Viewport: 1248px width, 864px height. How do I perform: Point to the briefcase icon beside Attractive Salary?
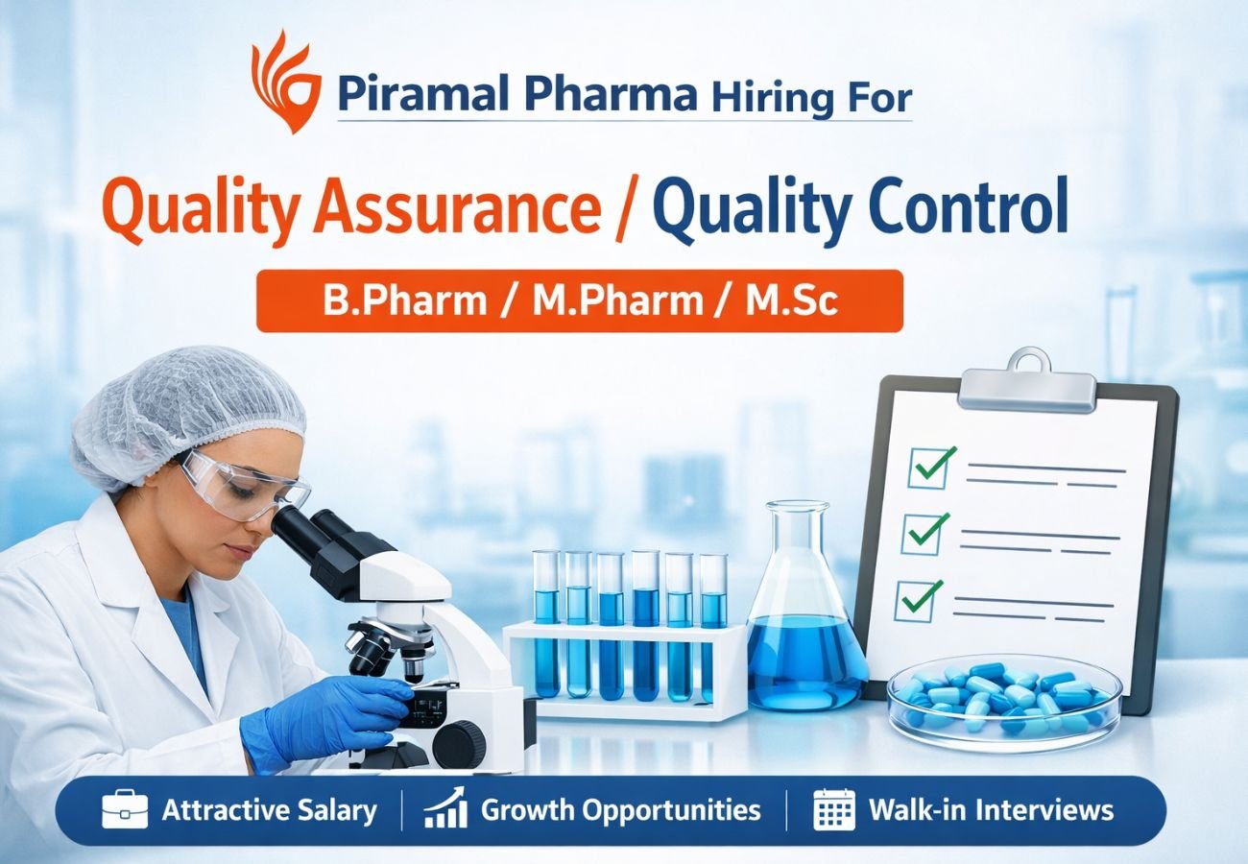tap(125, 810)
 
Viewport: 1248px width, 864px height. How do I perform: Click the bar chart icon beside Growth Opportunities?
tap(445, 809)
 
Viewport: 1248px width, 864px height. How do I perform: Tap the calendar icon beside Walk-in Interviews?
tap(833, 810)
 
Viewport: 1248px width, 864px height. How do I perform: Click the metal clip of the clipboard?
tap(1025, 382)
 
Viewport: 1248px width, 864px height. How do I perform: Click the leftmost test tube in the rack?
tap(546, 624)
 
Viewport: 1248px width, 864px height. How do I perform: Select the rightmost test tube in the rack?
tap(712, 624)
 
